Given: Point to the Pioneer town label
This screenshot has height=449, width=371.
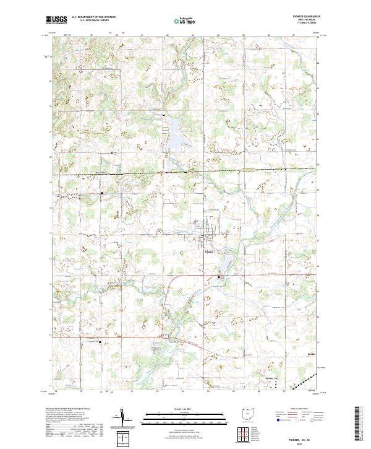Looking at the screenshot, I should point(209,251).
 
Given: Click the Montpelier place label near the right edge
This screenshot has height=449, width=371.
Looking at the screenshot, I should point(312,354).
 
